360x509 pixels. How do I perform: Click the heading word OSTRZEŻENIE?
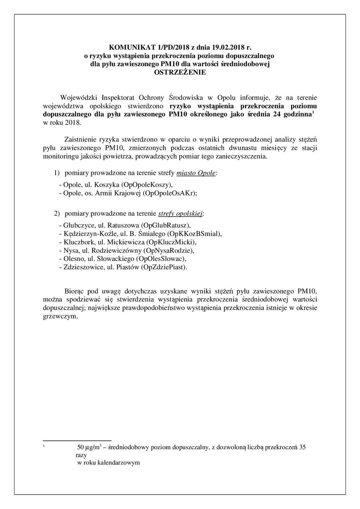[x=180, y=73]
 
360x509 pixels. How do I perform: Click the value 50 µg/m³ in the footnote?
[x=90, y=447]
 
